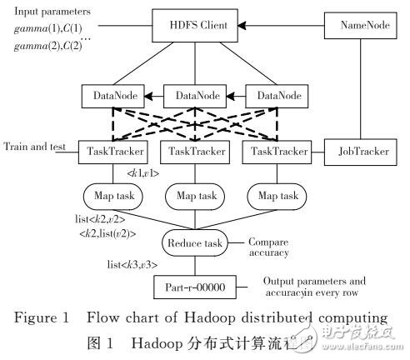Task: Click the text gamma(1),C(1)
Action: tap(46, 30)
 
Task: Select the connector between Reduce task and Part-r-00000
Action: tap(194, 267)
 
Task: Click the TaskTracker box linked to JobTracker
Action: tap(274, 153)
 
